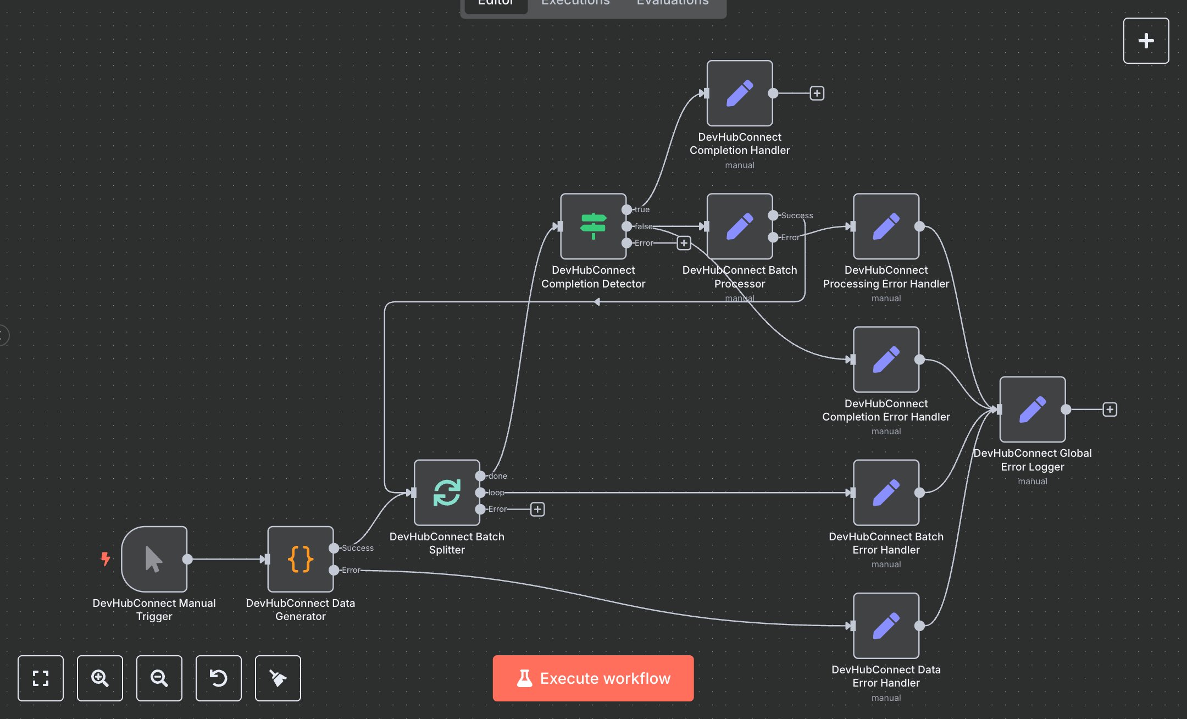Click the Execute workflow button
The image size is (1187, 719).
point(593,678)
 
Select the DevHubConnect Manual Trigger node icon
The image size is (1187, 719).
point(154,559)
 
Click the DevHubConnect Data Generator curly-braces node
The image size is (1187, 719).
point(300,559)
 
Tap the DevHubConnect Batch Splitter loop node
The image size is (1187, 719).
point(446,493)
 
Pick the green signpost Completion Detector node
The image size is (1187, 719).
point(593,226)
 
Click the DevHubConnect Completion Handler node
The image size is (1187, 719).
point(739,93)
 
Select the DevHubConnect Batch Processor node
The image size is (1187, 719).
point(739,226)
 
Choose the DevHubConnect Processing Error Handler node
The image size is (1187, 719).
point(886,226)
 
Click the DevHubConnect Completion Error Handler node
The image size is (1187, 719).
point(886,360)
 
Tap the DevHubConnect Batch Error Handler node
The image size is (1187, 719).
point(886,493)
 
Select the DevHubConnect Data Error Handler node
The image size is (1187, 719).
point(886,626)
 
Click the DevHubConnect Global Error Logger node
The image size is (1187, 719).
point(1032,409)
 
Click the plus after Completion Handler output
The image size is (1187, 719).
point(817,93)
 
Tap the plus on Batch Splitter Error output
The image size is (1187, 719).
point(537,509)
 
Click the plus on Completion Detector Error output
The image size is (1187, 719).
point(683,243)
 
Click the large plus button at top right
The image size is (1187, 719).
point(1146,41)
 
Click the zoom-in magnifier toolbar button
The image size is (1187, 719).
point(99,678)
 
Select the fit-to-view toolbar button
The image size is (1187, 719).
point(40,678)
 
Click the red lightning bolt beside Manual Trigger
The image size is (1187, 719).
point(105,559)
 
